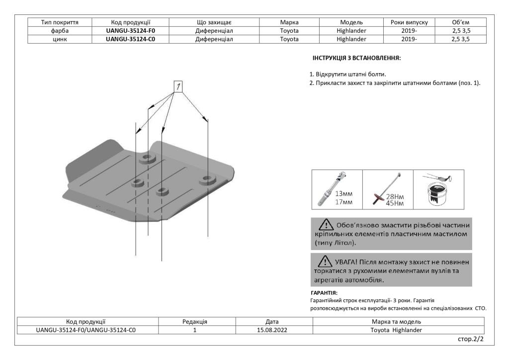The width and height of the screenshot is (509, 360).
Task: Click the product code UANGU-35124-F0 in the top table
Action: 131,30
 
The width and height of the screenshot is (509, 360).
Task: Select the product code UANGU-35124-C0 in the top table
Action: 131,38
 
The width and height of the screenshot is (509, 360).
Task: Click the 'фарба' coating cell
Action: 59,30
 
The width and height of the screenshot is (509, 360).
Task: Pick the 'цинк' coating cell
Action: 59,38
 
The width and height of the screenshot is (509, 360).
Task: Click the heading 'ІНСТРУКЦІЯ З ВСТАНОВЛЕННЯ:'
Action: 356,58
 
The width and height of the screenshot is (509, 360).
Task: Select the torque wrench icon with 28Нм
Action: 381,191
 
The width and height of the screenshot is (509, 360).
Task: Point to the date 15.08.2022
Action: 272,330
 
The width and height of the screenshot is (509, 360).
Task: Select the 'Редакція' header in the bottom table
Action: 195,322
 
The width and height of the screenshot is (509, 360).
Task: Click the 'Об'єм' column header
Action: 460,22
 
